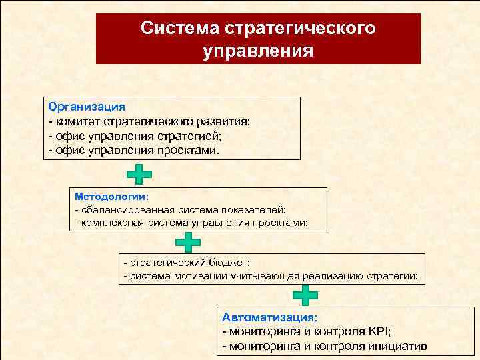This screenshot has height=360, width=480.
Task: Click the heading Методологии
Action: pos(110,197)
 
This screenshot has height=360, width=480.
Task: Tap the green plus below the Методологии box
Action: pos(189,243)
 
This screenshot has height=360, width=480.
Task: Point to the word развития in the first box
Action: pos(220,121)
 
